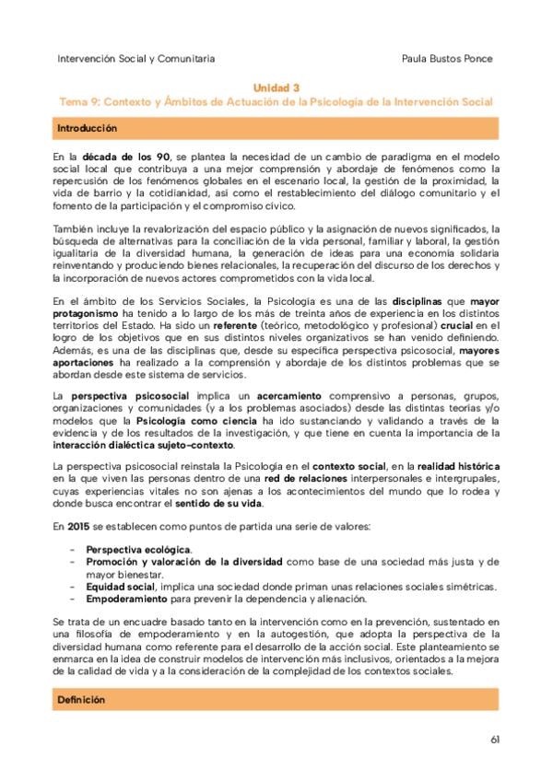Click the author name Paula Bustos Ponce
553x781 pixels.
pos(448,58)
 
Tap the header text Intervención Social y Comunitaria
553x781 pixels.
pos(136,58)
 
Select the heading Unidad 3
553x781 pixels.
pos(276,87)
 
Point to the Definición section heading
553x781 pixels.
pos(81,700)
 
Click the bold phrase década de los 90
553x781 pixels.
pos(127,157)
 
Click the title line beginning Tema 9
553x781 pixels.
pos(276,101)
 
